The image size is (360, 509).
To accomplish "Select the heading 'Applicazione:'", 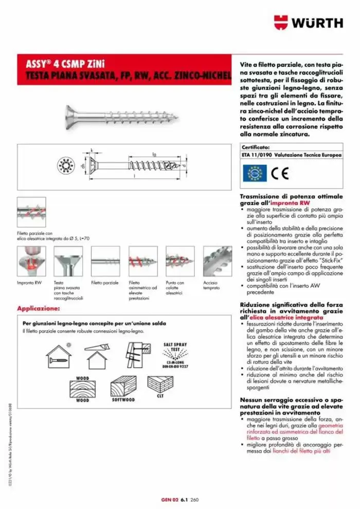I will point(39,308).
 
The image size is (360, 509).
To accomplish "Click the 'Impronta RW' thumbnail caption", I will point(28,283).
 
